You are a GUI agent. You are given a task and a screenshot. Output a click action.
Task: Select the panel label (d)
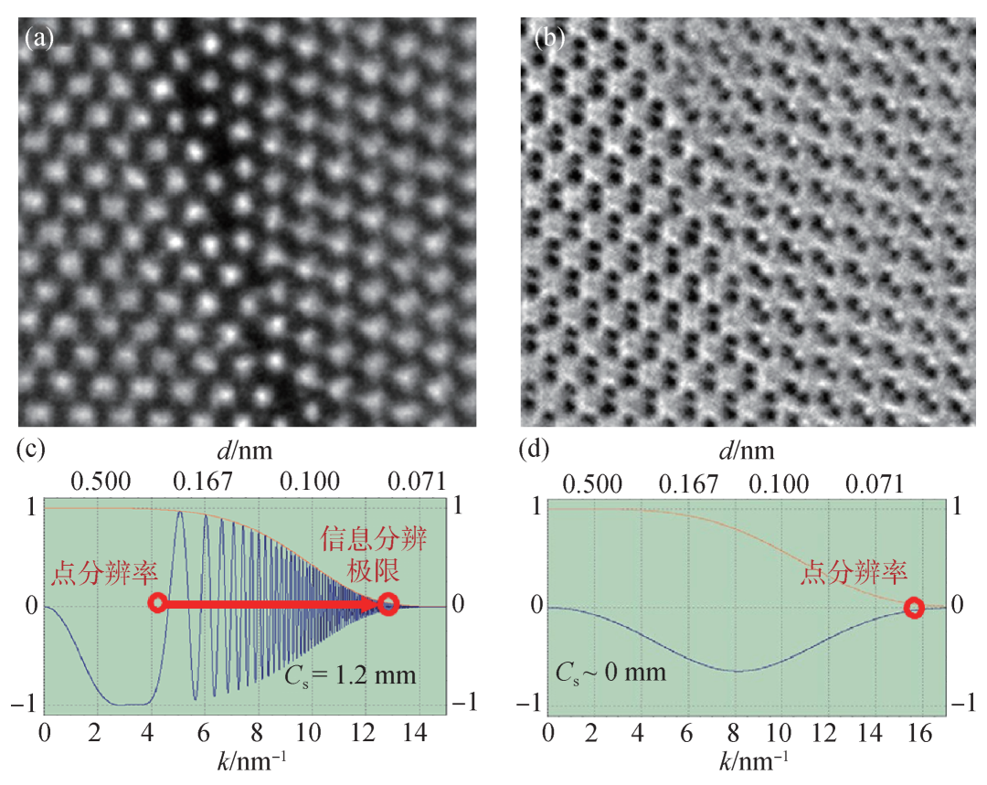(534, 450)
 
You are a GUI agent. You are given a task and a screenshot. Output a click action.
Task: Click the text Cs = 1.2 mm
(362, 676)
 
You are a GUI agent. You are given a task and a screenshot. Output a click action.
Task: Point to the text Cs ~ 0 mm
(610, 674)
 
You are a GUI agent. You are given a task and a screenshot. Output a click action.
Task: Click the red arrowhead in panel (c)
(373, 604)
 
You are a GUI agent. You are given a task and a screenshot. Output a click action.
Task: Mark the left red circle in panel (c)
(158, 603)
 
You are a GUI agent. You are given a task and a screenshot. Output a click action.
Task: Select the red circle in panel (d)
(913, 608)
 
